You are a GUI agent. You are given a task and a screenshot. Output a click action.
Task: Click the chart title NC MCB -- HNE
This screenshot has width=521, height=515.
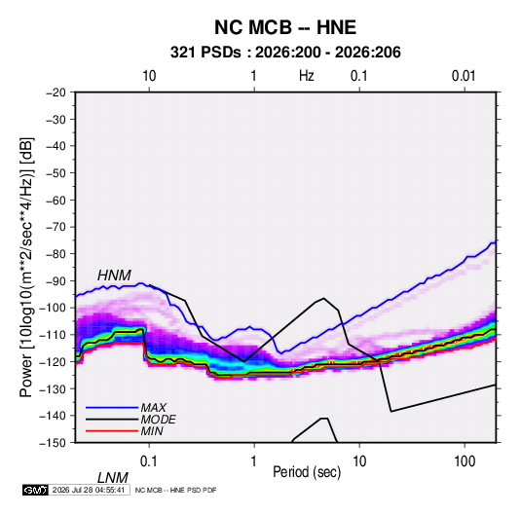click(x=285, y=27)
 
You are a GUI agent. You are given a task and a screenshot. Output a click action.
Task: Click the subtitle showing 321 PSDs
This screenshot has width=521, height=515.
click(x=285, y=53)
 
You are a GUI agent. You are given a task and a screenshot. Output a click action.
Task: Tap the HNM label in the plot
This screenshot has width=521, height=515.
click(x=114, y=276)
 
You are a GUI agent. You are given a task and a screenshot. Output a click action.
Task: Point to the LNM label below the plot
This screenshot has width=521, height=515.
click(x=113, y=478)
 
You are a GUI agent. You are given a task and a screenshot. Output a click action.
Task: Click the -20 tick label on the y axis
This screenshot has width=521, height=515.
click(x=56, y=92)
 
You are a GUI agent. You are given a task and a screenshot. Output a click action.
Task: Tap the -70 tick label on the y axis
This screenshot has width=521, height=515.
click(x=56, y=227)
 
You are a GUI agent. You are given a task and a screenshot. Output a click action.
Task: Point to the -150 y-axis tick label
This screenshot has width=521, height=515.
click(x=53, y=443)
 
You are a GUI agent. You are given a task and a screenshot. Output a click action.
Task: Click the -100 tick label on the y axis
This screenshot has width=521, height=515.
click(x=53, y=308)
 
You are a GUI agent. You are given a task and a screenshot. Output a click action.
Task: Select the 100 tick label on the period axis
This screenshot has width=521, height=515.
click(x=465, y=460)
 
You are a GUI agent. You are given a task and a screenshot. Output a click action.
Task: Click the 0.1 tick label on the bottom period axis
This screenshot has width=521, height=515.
click(x=149, y=460)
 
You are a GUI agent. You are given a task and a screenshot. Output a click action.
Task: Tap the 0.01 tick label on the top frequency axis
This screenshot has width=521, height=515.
click(x=464, y=76)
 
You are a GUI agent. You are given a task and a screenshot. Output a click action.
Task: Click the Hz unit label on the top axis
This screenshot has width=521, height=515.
click(x=307, y=76)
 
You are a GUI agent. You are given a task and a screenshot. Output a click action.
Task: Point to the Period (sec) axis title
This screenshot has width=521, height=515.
click(x=307, y=472)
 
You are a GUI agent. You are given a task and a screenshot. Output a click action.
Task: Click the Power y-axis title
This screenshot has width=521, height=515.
click(x=26, y=268)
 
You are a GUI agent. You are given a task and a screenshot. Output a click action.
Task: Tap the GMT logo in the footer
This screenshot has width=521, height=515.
click(x=35, y=490)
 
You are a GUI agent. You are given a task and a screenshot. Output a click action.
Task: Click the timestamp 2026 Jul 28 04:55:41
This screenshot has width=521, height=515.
click(x=89, y=490)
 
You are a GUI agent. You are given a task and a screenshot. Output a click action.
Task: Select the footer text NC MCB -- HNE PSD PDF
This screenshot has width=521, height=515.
click(x=175, y=490)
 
